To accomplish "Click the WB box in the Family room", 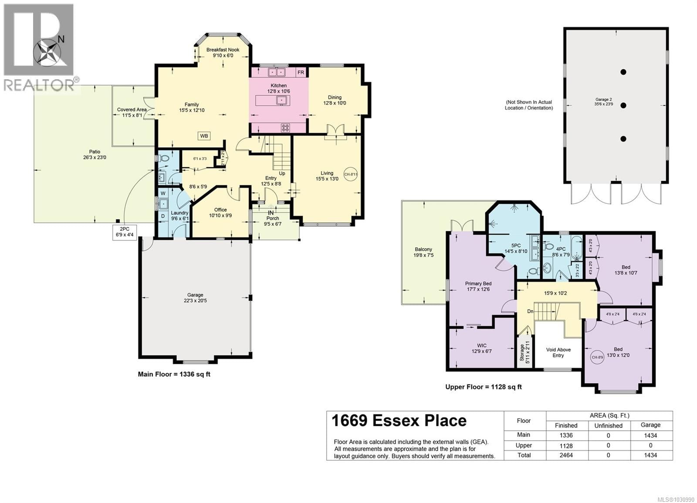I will click(x=204, y=136).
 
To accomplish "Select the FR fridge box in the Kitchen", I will click(x=301, y=72).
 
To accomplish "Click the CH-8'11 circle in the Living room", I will click(x=351, y=174).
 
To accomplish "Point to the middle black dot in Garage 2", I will click(x=623, y=105).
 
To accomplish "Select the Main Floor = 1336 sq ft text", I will click(x=174, y=374).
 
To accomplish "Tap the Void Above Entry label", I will click(x=558, y=352).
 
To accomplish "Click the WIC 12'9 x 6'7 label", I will click(x=481, y=348).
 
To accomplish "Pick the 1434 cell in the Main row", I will click(x=650, y=435).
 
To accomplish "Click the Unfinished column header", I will click(x=608, y=425).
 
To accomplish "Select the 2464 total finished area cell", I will click(x=566, y=455).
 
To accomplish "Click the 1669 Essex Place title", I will click(x=399, y=421).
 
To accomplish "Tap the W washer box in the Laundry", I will click(x=163, y=193).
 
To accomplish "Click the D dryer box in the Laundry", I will click(x=163, y=216).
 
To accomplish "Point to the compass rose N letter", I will click(x=61, y=39).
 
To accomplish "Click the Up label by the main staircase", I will click(x=282, y=173).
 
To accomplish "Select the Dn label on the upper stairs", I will click(x=530, y=311).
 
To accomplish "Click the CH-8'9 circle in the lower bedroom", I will click(x=597, y=357).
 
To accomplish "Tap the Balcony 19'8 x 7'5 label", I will click(x=423, y=252).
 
